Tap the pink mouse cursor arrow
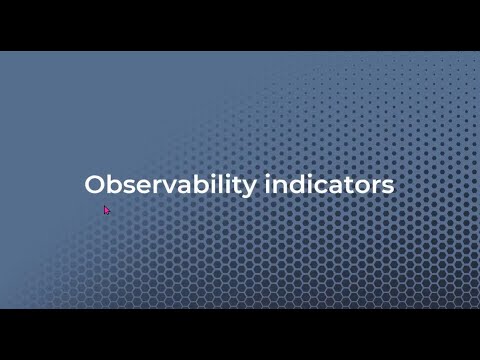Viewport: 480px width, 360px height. pos(107,210)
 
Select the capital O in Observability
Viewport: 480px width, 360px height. pos(95,186)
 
